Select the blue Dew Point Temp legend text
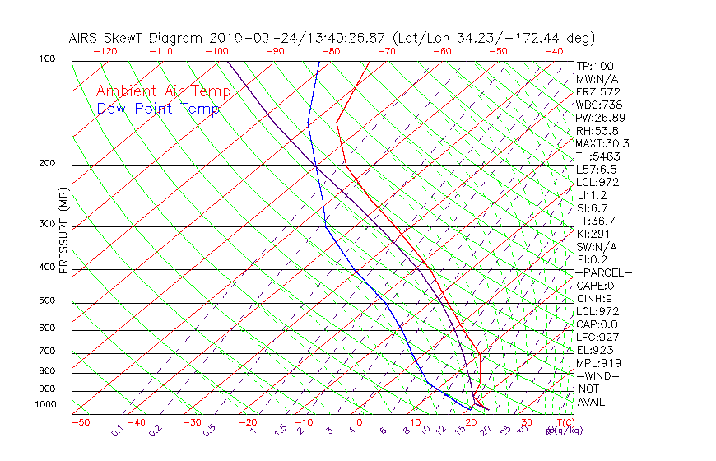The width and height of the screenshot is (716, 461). pyautogui.click(x=158, y=109)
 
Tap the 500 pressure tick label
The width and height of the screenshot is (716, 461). pyautogui.click(x=47, y=301)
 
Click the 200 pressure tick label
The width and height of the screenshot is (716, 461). pyautogui.click(x=47, y=164)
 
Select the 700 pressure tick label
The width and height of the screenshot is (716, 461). pyautogui.click(x=47, y=352)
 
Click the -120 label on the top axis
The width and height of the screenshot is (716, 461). pyautogui.click(x=105, y=51)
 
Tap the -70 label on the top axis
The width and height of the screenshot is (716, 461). pyautogui.click(x=386, y=51)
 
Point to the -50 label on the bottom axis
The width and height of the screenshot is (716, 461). pyautogui.click(x=80, y=422)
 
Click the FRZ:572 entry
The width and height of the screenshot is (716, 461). pyautogui.click(x=597, y=91)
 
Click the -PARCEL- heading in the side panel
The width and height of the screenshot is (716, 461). pyautogui.click(x=603, y=272)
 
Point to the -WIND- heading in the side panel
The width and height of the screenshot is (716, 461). pyautogui.click(x=598, y=376)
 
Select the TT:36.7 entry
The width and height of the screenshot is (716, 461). pyautogui.click(x=596, y=221)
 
